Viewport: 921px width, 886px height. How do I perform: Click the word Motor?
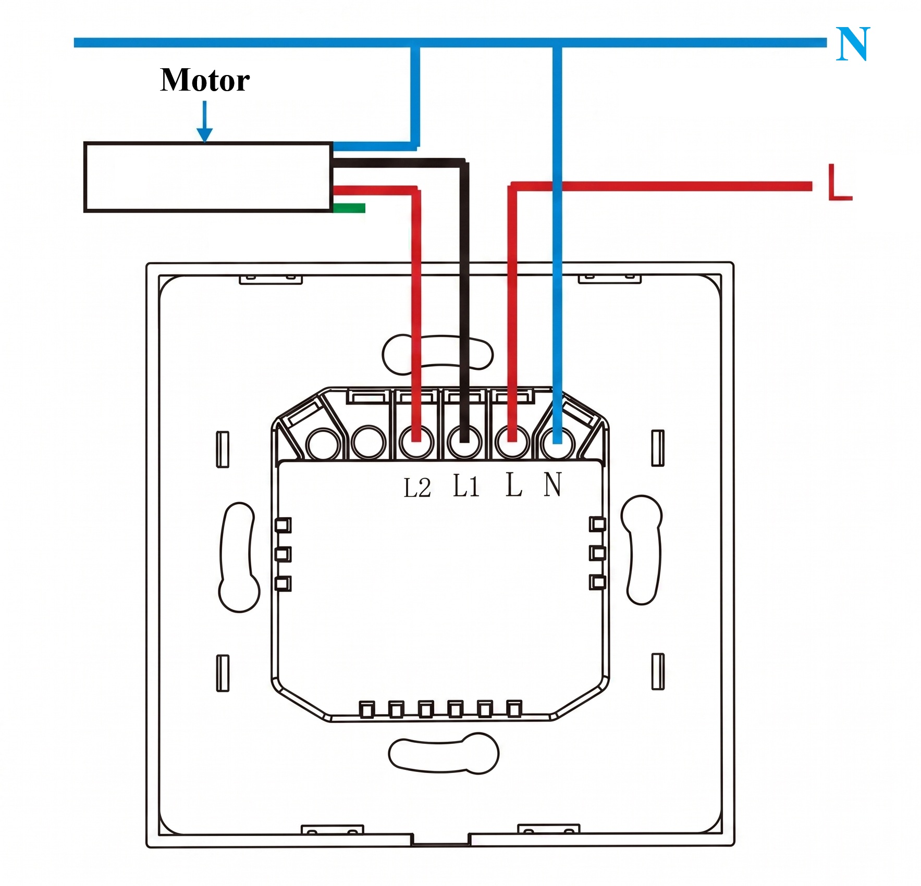tap(205, 80)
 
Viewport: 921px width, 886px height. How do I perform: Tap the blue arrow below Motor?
tap(205, 121)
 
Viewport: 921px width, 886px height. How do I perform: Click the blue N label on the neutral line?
tap(853, 44)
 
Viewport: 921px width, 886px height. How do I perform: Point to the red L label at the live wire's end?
tap(840, 182)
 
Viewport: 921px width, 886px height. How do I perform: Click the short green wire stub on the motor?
tap(349, 208)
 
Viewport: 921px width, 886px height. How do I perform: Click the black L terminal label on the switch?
tap(514, 484)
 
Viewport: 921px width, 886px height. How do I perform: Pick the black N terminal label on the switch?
tap(552, 484)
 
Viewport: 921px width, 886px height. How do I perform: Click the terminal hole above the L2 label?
tap(416, 443)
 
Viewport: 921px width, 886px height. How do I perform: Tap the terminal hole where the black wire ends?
tap(464, 443)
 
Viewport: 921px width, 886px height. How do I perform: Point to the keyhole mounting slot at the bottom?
tap(444, 754)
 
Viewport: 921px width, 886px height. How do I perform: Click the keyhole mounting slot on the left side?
tap(238, 557)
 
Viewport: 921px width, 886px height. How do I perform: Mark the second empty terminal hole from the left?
tap(369, 443)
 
